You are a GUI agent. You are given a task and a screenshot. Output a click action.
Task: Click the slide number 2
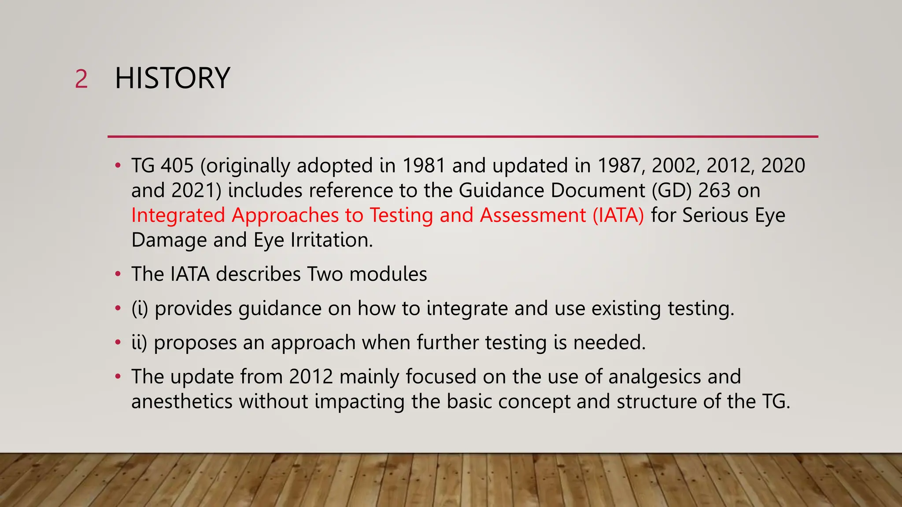tap(81, 80)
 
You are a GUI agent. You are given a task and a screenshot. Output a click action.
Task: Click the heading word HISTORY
tap(172, 78)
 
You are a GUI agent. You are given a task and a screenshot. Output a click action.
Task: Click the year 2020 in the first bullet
tap(783, 166)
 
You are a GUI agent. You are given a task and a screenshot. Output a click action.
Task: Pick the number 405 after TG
tap(177, 166)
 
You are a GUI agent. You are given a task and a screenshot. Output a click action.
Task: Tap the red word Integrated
tap(178, 216)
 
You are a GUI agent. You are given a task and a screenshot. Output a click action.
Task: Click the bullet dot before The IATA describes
tap(118, 274)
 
